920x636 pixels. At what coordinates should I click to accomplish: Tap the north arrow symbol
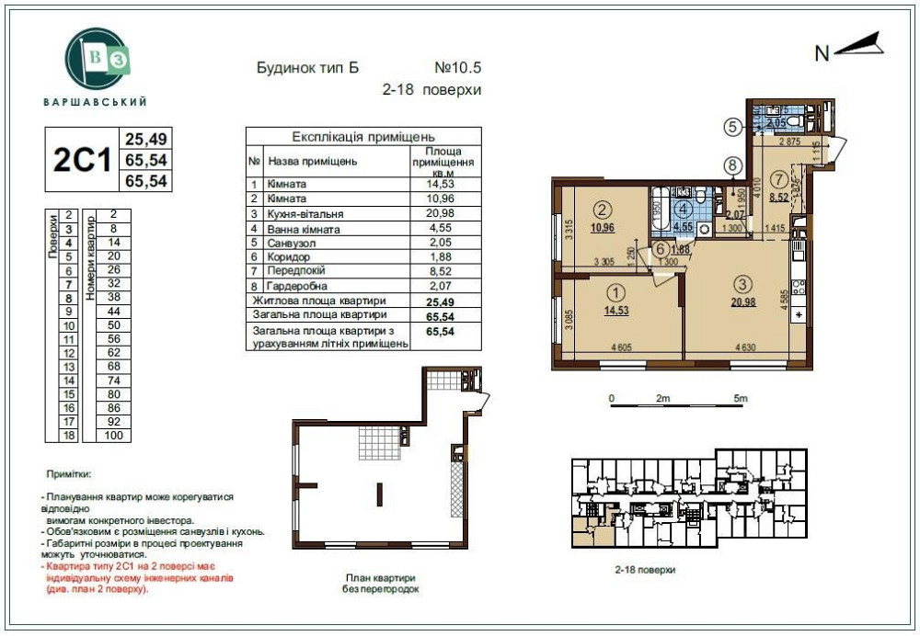[x=858, y=46]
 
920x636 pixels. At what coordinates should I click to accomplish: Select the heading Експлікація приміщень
[x=363, y=136]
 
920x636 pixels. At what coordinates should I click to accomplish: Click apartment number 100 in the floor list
[x=112, y=435]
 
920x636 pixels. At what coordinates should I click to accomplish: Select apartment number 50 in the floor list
[x=112, y=324]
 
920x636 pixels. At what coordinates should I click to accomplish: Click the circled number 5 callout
[x=732, y=127]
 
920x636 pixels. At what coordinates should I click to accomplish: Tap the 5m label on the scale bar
[x=740, y=398]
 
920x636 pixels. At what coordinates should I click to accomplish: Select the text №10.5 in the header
[x=457, y=68]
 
